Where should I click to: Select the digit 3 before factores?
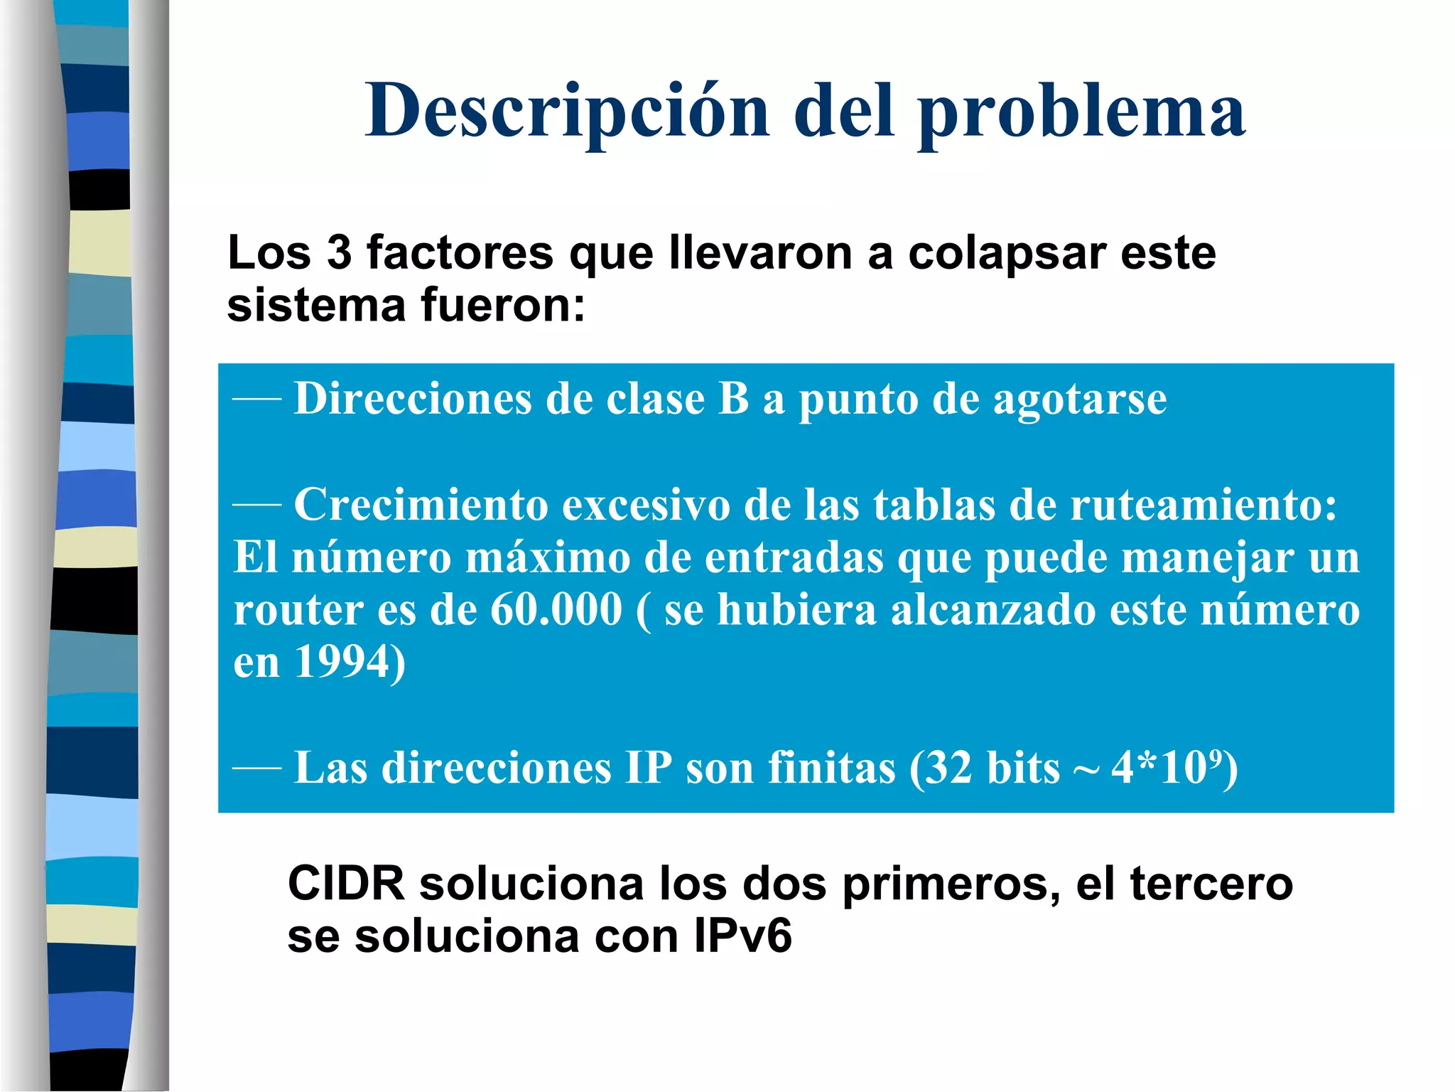pyautogui.click(x=339, y=252)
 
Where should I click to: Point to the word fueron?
pyautogui.click(x=503, y=305)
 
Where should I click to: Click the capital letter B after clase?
pyautogui.click(x=734, y=398)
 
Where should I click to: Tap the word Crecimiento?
pyautogui.click(x=421, y=505)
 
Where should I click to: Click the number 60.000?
pyautogui.click(x=556, y=610)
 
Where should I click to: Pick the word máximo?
pyautogui.click(x=548, y=557)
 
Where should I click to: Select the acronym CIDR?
pyautogui.click(x=346, y=884)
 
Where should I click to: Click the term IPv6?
pyautogui.click(x=742, y=936)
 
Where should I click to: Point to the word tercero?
pyautogui.click(x=1211, y=884)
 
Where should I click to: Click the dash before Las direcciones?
pyautogui.click(x=257, y=769)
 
